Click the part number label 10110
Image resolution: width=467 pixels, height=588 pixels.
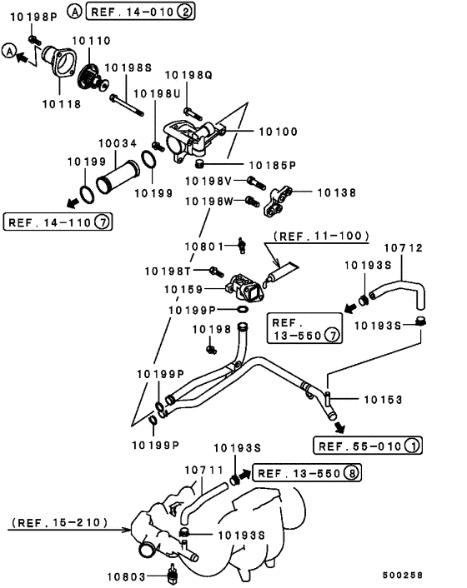click(91, 41)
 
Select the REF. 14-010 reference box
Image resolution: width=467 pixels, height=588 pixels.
click(140, 12)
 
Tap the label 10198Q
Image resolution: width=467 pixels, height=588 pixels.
click(188, 75)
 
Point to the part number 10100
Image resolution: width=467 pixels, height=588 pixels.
click(279, 132)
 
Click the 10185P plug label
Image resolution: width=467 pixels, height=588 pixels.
click(273, 165)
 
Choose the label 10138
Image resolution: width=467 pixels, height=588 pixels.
click(337, 192)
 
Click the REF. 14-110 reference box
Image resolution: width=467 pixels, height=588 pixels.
click(58, 222)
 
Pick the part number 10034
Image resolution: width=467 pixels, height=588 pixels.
click(118, 143)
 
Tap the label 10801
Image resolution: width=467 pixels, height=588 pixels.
click(204, 247)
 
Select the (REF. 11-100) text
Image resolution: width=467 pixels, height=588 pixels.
click(321, 236)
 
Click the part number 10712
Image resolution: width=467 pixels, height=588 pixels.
click(404, 248)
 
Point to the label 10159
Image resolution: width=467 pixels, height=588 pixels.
click(183, 290)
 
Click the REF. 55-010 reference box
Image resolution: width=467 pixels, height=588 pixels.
click(368, 446)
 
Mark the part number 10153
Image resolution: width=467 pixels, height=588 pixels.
click(384, 400)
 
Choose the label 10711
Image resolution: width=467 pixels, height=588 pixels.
click(204, 470)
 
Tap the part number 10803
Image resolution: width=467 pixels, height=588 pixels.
click(127, 576)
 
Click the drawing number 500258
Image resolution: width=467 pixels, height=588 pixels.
click(403, 575)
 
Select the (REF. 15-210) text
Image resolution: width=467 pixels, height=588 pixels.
click(60, 523)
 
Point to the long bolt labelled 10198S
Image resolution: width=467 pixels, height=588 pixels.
click(127, 105)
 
